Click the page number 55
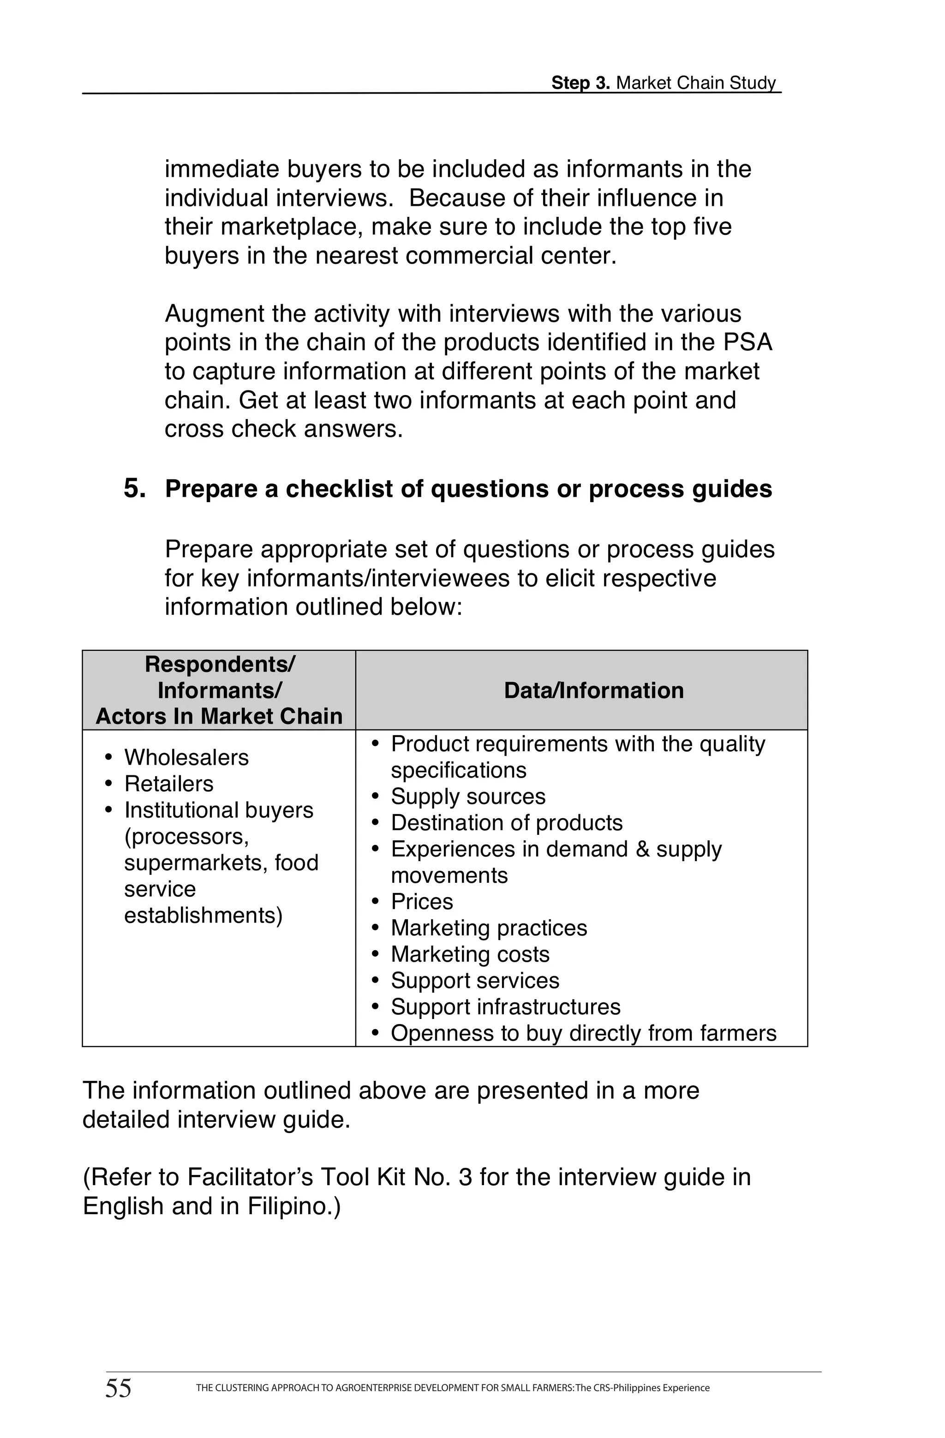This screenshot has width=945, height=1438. tap(119, 1388)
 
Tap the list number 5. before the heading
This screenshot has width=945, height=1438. tap(135, 488)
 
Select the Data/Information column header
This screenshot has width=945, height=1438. tap(593, 690)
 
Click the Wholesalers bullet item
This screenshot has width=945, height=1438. tap(186, 757)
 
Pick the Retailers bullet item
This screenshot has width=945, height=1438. tap(168, 784)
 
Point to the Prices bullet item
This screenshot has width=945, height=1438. tap(422, 901)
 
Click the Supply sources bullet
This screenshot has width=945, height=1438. tap(468, 797)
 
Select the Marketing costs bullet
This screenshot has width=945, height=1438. tap(470, 954)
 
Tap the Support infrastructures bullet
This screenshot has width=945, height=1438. tap(505, 1007)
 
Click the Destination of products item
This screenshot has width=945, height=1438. tap(506, 822)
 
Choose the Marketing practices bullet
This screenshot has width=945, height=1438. tap(489, 928)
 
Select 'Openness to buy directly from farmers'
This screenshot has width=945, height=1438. tap(583, 1033)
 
